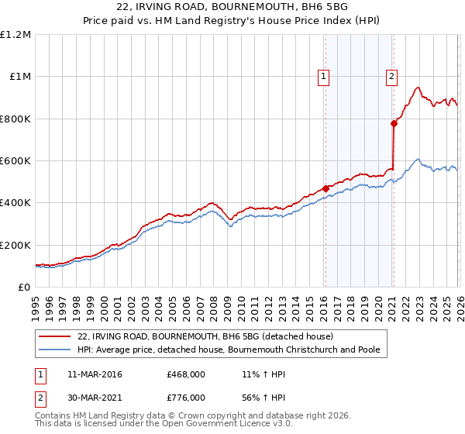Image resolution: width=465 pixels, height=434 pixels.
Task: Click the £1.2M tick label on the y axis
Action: [15, 35]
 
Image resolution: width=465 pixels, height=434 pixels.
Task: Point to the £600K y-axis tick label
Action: [15, 161]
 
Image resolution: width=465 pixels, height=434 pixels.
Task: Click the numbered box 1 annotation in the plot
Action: [324, 76]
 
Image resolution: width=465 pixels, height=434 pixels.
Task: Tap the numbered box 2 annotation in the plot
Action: [392, 76]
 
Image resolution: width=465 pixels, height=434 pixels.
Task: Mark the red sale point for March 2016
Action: [325, 188]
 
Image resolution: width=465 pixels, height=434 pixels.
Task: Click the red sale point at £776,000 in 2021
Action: [394, 123]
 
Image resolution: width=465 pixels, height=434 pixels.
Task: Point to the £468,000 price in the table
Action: [186, 374]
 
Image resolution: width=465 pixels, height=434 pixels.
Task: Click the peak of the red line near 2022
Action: [418, 88]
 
